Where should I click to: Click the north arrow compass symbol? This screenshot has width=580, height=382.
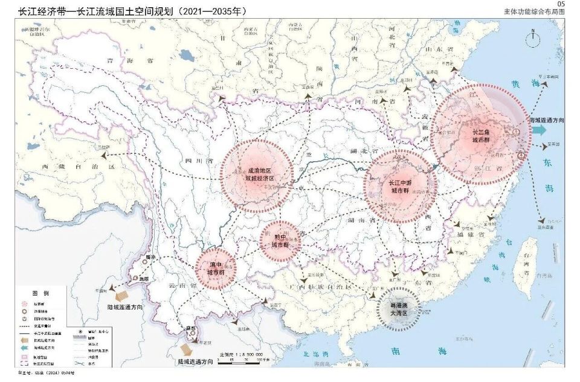533,40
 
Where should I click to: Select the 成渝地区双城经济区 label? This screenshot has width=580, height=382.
256,175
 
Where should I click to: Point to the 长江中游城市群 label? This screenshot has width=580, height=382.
399,187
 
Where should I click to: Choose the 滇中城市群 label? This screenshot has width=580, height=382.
216,269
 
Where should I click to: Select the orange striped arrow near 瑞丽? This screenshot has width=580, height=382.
122,296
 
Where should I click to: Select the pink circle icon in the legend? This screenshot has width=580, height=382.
25,304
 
